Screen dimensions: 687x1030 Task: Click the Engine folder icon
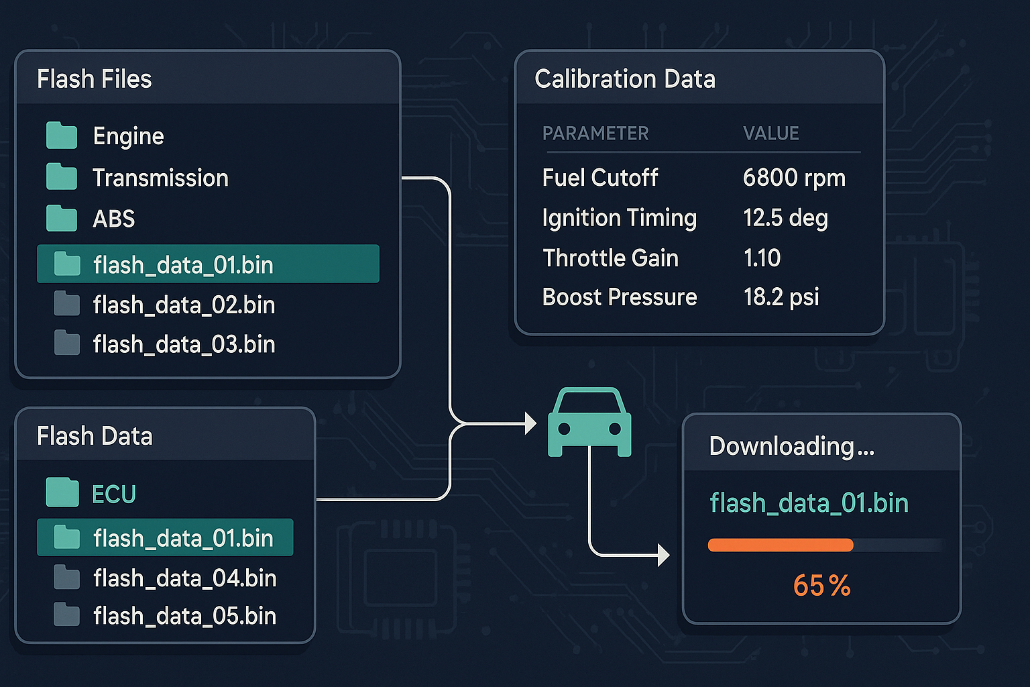[x=62, y=136]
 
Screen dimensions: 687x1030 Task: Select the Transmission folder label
[x=160, y=178]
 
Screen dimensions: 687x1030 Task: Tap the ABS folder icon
[x=62, y=218]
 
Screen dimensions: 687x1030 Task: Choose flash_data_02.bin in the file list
[x=184, y=305]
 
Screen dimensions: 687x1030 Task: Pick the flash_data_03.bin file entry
[x=184, y=345]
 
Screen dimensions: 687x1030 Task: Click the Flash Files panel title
[x=95, y=79]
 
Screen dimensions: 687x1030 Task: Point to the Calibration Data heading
[x=625, y=79]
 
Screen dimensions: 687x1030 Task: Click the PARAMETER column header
[x=595, y=134]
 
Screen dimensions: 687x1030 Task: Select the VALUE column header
[x=771, y=134]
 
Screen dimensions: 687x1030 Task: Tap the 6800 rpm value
[x=794, y=178]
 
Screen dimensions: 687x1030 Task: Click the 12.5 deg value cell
[x=785, y=218]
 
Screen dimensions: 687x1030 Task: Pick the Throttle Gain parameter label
[x=610, y=258]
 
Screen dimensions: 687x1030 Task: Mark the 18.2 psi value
[x=781, y=297]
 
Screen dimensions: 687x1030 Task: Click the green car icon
[x=589, y=423]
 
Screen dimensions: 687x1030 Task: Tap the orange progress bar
[x=781, y=545]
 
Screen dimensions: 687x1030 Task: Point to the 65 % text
[x=821, y=586]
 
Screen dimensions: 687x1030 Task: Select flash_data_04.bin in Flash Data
[x=184, y=578]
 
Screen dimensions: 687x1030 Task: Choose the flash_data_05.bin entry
[x=184, y=616]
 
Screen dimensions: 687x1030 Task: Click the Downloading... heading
[x=791, y=446]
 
